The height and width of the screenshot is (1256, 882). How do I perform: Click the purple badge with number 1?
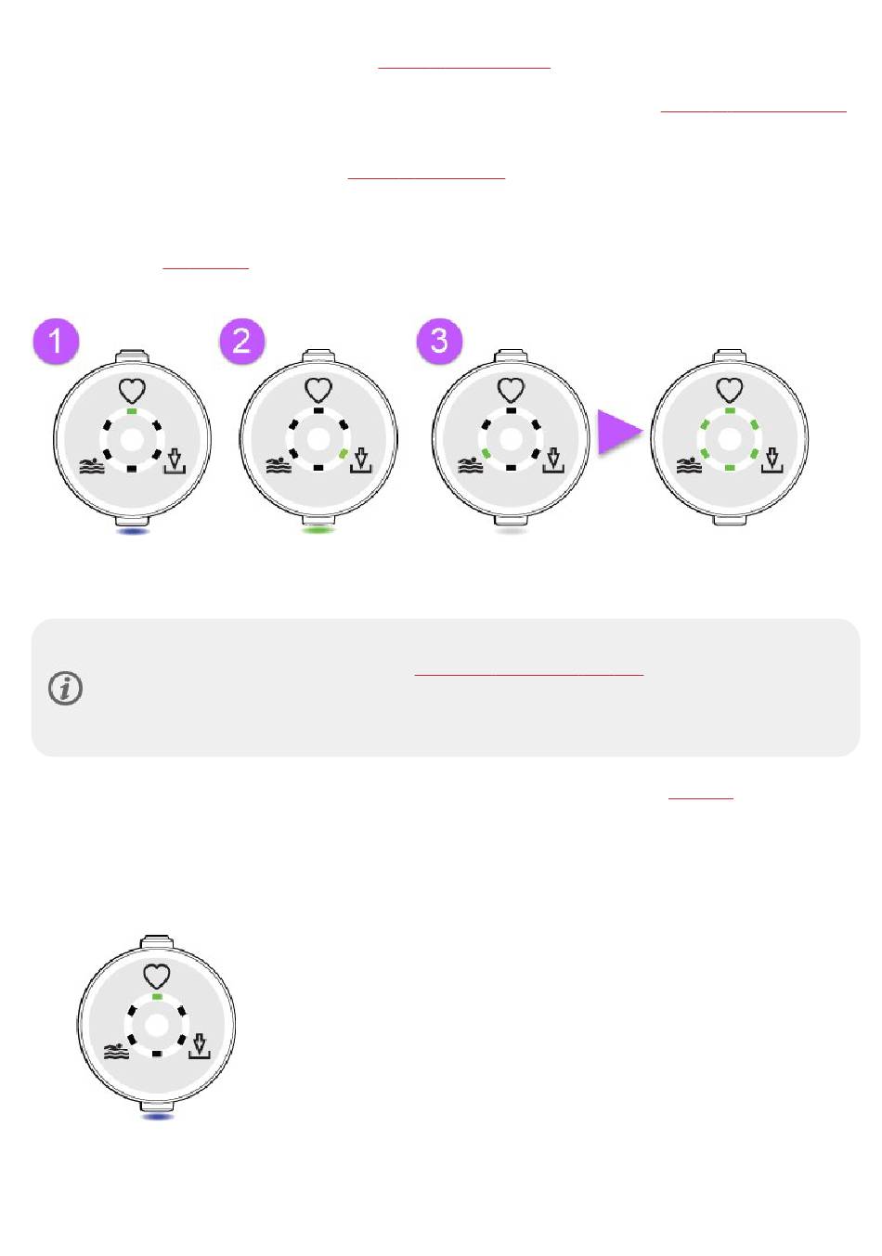(56, 342)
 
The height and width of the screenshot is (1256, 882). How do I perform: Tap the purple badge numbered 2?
(241, 342)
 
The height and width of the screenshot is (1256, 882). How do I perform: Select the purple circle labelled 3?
(439, 342)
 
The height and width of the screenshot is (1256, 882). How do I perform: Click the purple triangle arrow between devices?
(619, 432)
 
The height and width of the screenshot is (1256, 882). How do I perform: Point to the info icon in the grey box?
(66, 688)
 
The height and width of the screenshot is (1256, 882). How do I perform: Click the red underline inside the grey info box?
(529, 675)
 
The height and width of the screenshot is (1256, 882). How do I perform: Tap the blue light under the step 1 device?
(133, 531)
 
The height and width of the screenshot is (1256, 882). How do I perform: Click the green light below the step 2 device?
(318, 530)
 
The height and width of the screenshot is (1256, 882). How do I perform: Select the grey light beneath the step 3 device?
(511, 531)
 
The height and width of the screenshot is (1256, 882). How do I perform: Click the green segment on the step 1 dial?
(132, 411)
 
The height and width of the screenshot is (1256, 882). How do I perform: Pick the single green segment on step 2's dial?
(344, 453)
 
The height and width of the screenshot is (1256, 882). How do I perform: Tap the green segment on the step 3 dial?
(486, 453)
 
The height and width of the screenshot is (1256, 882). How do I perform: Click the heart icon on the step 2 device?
(318, 390)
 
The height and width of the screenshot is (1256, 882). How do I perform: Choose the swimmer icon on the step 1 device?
(93, 465)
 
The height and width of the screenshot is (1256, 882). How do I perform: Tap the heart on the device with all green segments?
(729, 390)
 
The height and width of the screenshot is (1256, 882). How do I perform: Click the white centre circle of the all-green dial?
(729, 440)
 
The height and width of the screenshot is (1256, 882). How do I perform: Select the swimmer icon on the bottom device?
(117, 1053)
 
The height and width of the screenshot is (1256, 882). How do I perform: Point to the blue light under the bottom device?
(158, 1117)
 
